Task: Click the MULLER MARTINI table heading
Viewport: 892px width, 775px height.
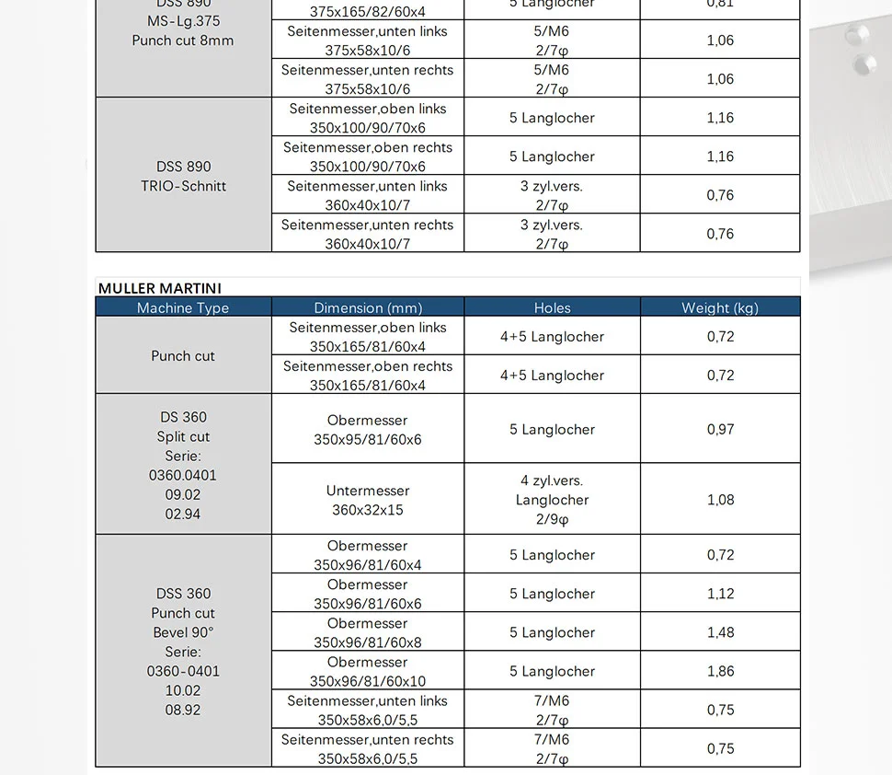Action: click(x=160, y=288)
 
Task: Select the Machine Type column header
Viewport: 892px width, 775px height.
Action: click(x=183, y=307)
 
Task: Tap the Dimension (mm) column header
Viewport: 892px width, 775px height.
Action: click(x=368, y=307)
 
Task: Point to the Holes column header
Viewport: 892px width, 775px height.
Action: click(x=552, y=307)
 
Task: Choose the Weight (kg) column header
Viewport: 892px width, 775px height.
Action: click(x=719, y=307)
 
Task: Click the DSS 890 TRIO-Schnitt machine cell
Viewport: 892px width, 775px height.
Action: click(x=184, y=176)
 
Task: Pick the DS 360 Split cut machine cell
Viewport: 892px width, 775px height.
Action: click(x=183, y=427)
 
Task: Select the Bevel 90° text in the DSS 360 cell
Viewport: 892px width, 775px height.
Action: click(x=183, y=632)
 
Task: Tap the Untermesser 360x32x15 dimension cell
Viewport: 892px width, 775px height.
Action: click(x=368, y=500)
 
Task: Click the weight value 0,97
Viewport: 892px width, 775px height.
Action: click(x=720, y=429)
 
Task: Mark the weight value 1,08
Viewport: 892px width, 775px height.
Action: click(x=720, y=500)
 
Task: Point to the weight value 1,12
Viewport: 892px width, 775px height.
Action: click(x=720, y=594)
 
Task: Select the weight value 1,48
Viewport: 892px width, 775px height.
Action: click(x=720, y=632)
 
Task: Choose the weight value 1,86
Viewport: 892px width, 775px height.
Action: click(x=720, y=671)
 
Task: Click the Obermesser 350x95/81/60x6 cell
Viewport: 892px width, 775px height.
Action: click(x=368, y=430)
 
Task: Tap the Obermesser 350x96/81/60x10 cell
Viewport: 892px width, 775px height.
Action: click(x=368, y=671)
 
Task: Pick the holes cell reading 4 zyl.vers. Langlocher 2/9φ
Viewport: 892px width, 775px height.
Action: click(x=552, y=500)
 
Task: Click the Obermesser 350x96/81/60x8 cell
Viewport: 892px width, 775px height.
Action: click(x=368, y=632)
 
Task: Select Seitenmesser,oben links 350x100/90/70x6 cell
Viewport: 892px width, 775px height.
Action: click(x=368, y=118)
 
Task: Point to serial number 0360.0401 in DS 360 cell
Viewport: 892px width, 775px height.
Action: click(x=183, y=475)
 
